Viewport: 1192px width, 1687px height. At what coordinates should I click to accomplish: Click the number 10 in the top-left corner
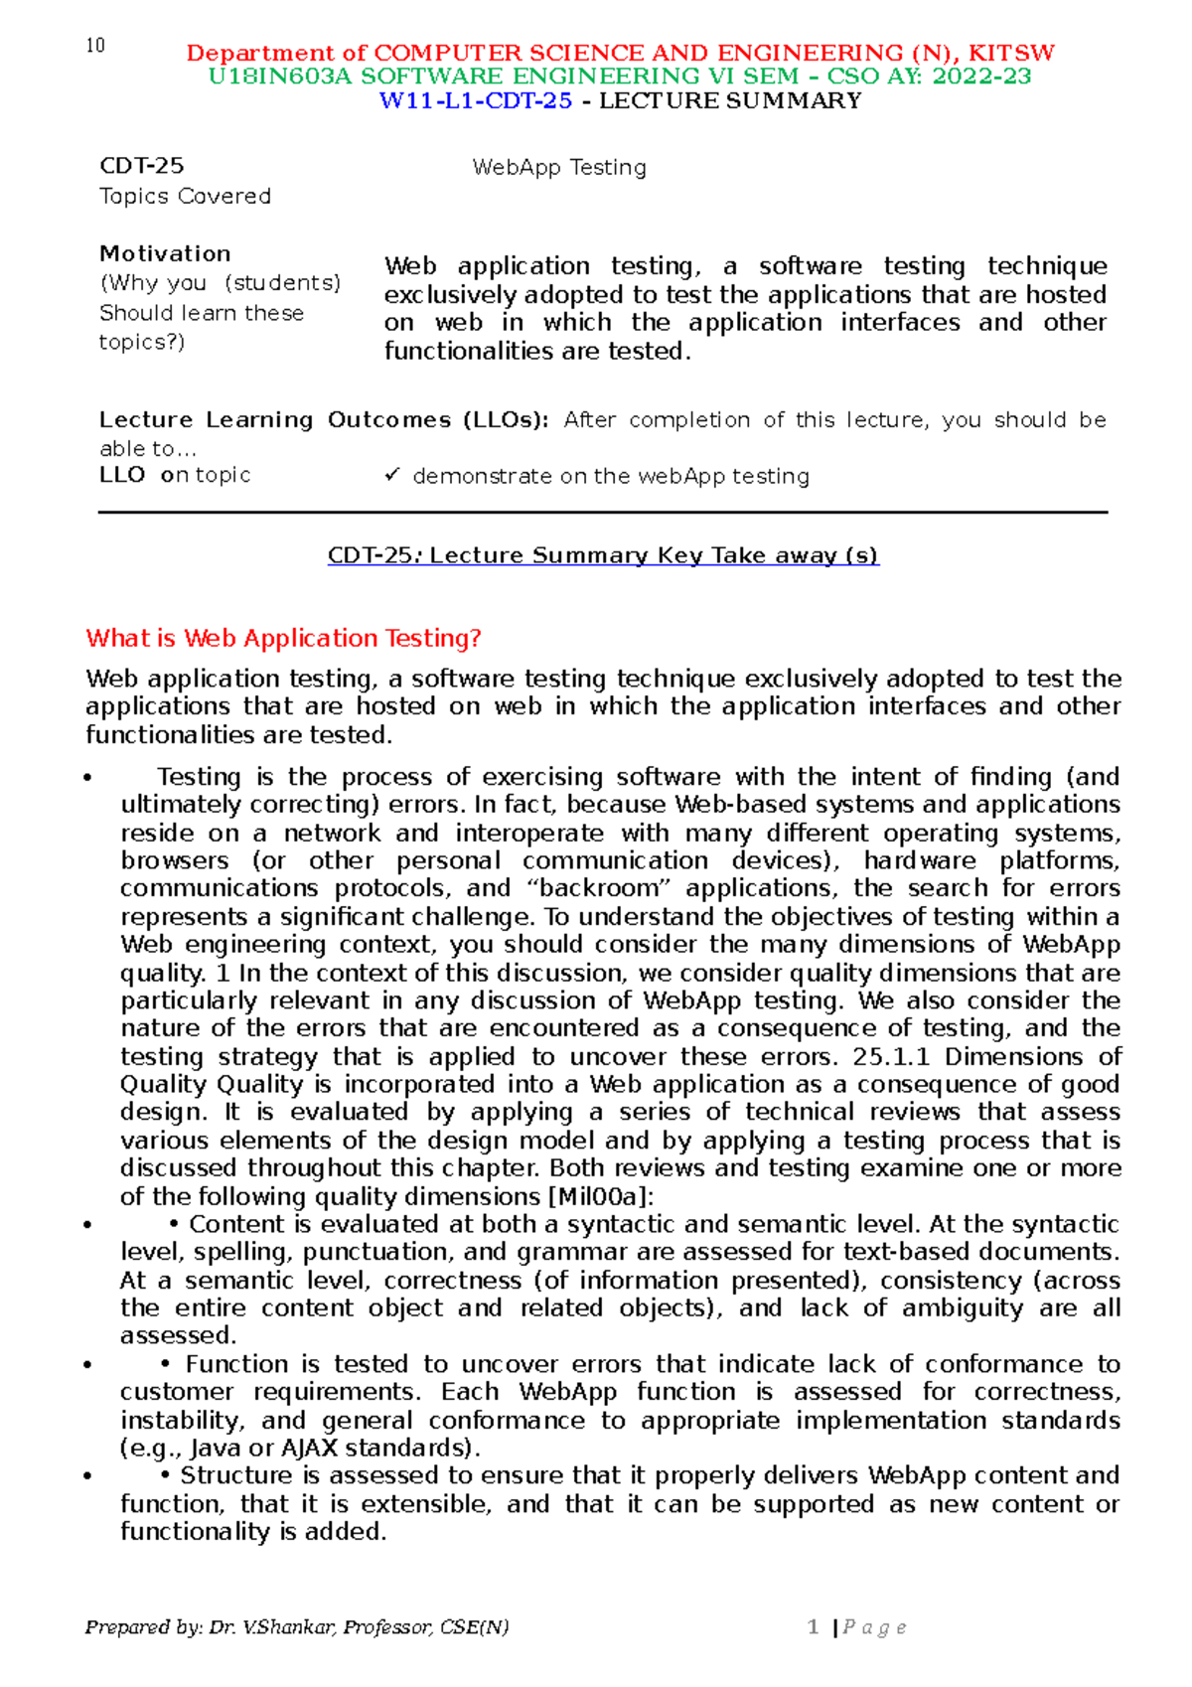click(95, 46)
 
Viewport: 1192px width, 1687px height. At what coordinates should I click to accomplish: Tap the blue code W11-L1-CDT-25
click(476, 100)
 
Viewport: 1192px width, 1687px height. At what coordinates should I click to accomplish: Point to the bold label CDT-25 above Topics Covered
click(142, 166)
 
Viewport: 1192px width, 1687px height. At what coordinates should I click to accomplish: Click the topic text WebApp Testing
click(559, 167)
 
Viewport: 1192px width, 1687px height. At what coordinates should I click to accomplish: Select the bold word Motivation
click(165, 253)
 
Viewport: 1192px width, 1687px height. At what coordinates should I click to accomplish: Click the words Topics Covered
click(185, 196)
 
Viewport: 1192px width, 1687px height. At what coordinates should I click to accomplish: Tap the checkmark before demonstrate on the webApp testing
click(391, 476)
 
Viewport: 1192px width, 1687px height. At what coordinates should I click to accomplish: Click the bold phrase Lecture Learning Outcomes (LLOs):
click(324, 419)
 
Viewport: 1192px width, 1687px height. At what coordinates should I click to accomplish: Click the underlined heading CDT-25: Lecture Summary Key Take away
click(603, 555)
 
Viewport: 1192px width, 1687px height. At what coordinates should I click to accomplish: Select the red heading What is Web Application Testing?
click(283, 638)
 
